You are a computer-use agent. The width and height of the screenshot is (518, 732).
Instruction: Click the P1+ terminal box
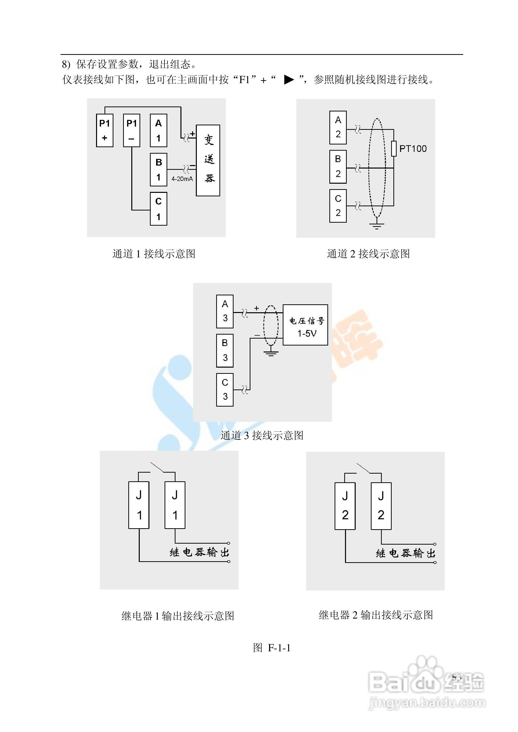(105, 131)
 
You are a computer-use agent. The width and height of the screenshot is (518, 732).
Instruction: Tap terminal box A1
(159, 131)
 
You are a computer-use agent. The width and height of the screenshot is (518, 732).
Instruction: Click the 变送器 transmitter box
(208, 160)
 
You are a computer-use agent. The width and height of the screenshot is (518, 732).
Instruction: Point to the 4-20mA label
(182, 179)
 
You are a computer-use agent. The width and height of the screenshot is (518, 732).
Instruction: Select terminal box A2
(338, 128)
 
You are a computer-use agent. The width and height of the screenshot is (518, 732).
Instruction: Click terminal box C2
(338, 206)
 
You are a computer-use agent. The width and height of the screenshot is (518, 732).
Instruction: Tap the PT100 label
(413, 149)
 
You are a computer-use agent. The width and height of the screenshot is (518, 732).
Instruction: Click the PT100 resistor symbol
(394, 149)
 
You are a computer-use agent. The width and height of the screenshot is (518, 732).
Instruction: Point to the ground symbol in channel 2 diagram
(377, 226)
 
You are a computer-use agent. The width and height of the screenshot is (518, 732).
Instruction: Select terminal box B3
(225, 350)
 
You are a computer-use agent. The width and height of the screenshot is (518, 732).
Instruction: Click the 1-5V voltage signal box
(305, 325)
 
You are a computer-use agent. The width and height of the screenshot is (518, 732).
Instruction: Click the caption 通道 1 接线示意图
(154, 254)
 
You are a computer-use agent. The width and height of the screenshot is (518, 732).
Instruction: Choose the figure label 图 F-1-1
(272, 648)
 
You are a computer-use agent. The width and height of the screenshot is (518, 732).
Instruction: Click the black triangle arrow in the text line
(289, 79)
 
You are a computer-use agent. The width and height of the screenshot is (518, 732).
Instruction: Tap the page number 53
(456, 677)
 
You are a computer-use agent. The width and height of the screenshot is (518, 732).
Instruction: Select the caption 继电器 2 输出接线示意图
(376, 615)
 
